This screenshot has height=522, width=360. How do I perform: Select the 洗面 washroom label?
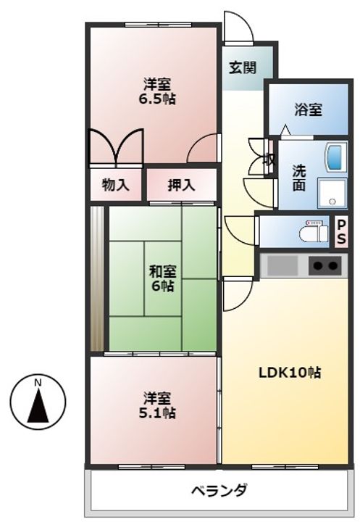(299, 178)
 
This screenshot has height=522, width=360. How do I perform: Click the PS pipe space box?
(341, 233)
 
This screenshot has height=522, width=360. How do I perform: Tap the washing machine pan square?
(334, 194)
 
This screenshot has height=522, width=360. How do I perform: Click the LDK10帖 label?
(290, 373)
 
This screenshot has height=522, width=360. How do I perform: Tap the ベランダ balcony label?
(219, 490)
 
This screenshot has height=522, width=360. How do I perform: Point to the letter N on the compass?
(38, 382)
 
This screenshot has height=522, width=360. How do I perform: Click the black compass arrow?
(38, 405)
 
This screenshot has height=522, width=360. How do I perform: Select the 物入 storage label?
(116, 185)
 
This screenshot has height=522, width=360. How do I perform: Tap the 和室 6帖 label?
(162, 279)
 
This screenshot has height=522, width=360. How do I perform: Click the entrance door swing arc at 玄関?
(237, 28)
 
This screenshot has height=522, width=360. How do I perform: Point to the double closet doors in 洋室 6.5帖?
(115, 147)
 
